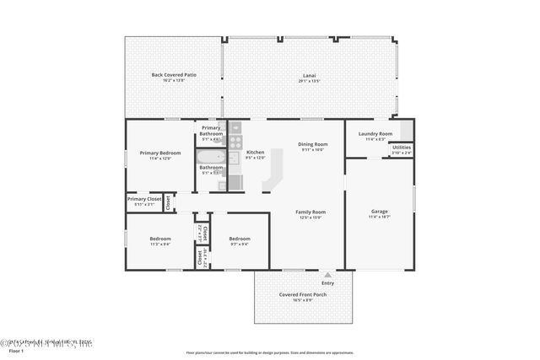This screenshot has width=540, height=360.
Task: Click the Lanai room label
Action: tap(310, 76)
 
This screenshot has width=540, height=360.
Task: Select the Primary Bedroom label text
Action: tap(154, 153)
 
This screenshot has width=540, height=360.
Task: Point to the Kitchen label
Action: tap(255, 153)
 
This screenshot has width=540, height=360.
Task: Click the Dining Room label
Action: tap(312, 144)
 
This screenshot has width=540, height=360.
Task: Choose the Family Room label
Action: tap(310, 212)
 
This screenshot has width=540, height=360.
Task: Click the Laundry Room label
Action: tap(375, 134)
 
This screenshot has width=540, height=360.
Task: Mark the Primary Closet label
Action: tap(143, 199)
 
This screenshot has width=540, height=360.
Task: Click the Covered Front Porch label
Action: tap(301, 294)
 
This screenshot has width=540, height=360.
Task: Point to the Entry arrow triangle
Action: tap(327, 274)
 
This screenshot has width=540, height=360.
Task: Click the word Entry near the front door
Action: tap(327, 282)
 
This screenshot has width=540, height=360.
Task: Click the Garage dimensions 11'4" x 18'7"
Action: tap(380, 217)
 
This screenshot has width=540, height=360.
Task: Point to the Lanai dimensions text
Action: tap(310, 82)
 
